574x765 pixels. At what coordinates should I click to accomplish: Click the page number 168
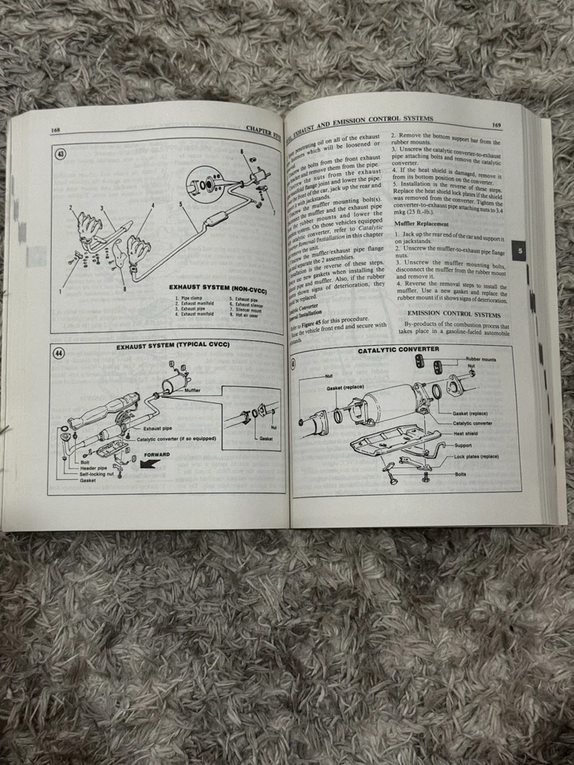(55, 131)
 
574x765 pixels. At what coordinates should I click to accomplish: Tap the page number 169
(497, 124)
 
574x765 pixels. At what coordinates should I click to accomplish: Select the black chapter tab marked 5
(519, 252)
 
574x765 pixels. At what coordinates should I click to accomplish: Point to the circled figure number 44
(59, 354)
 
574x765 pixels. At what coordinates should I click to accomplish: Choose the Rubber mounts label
(487, 359)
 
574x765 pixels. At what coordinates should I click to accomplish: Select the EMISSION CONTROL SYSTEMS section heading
(451, 313)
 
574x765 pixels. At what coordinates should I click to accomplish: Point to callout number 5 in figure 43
(181, 204)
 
